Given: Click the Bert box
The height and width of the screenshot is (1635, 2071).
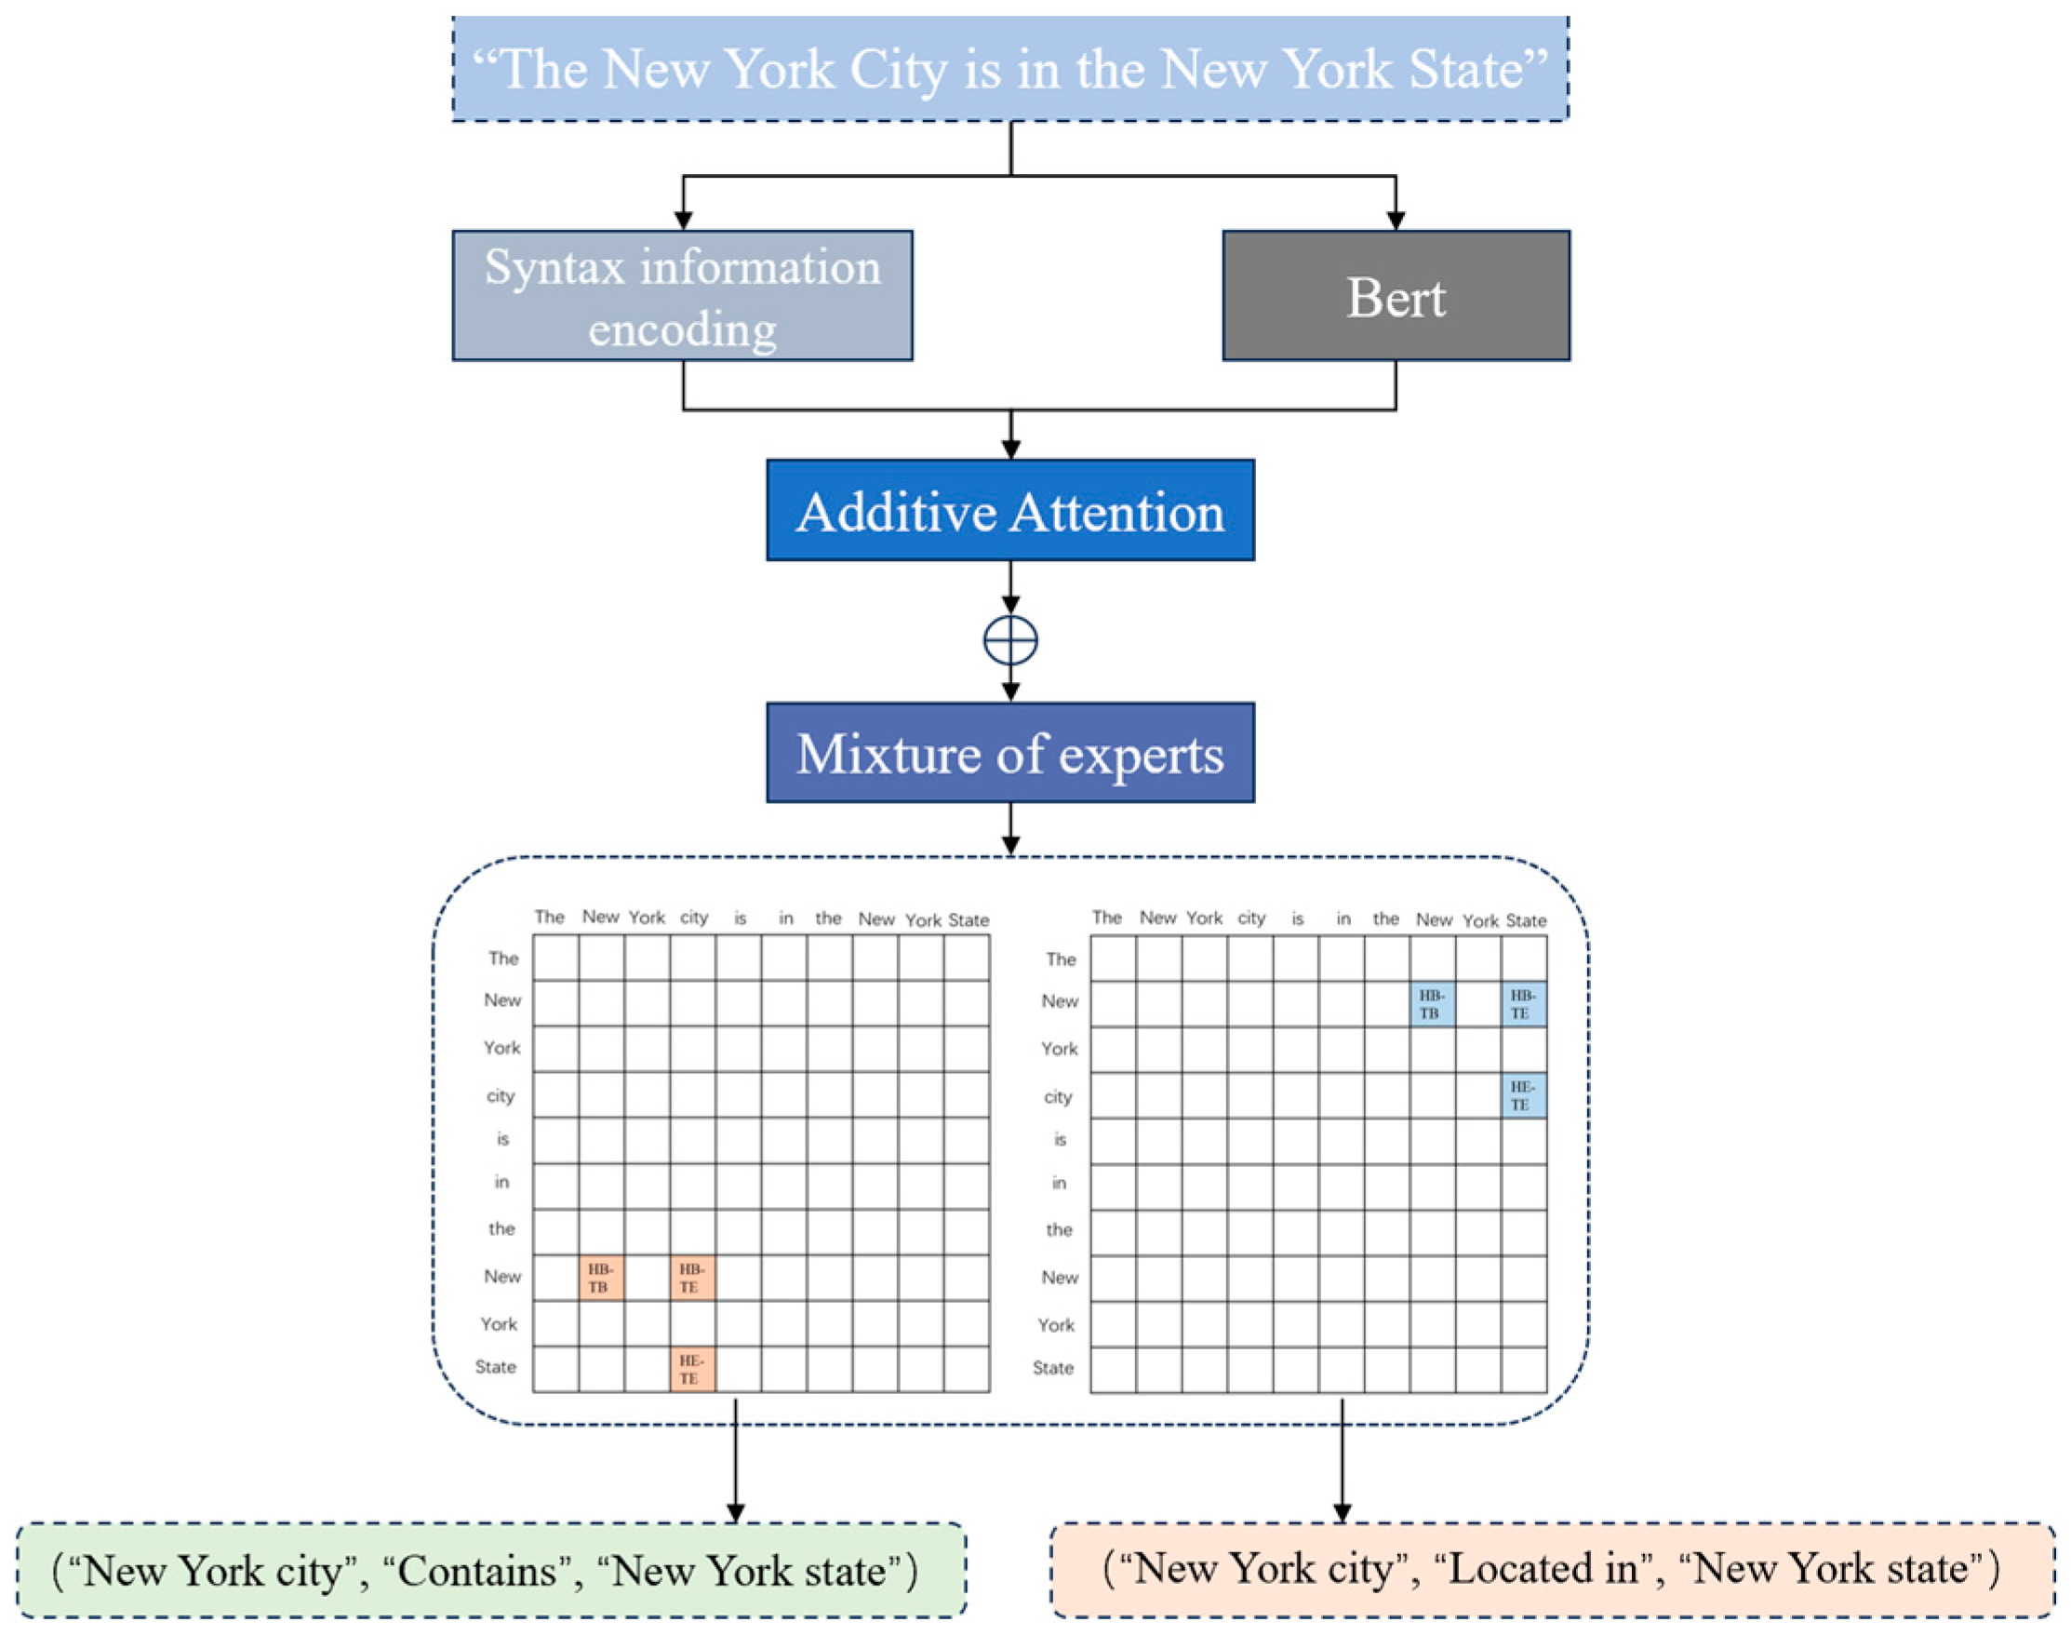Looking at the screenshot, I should click(x=1396, y=296).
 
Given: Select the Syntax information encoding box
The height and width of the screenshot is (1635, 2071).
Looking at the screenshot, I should click(x=682, y=296).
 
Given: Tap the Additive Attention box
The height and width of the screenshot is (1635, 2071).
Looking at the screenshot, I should click(x=1009, y=510).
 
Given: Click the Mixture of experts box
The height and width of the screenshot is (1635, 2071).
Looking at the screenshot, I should click(x=1009, y=753).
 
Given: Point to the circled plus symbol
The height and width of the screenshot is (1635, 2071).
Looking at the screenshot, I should click(x=1010, y=639).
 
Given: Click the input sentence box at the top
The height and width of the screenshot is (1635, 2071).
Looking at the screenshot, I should click(x=1009, y=69).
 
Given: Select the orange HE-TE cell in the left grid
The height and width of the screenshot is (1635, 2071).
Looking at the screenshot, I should click(x=692, y=1369).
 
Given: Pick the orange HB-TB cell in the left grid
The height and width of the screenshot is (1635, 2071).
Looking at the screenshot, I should click(x=601, y=1278).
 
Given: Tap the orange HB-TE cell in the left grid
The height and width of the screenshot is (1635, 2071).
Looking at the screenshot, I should click(x=692, y=1278).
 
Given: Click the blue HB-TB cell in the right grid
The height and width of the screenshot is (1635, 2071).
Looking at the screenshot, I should click(x=1432, y=1004).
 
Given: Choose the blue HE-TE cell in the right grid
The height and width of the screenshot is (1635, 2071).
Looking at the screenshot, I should click(x=1523, y=1095).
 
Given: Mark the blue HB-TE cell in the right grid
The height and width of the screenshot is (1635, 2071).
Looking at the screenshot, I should click(x=1523, y=1004).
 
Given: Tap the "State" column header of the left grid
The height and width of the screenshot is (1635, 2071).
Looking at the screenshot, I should click(x=968, y=920).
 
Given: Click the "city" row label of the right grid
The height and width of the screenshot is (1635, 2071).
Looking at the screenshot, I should click(x=1058, y=1096).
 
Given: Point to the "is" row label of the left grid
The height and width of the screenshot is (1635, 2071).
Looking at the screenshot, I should click(x=502, y=1138).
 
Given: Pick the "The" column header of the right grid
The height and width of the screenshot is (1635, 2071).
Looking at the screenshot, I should click(x=1106, y=917).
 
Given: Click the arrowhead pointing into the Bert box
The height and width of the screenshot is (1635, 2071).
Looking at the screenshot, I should click(x=1396, y=221).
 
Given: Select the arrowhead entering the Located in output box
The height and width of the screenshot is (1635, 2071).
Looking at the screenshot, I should click(x=1342, y=1513).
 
